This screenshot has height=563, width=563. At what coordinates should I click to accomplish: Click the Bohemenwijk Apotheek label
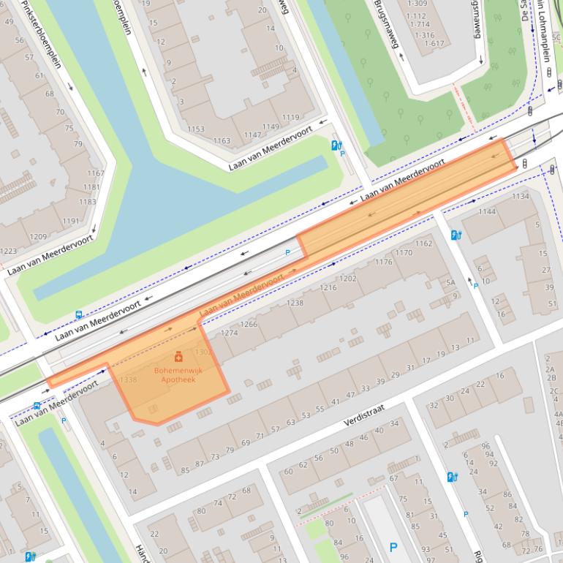click(178, 376)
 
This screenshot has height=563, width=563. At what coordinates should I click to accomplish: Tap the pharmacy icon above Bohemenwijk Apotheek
click(178, 358)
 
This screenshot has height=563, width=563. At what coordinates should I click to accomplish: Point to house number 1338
click(128, 380)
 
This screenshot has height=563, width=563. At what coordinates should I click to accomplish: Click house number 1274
click(230, 333)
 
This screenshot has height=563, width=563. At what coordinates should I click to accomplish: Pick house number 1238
click(295, 303)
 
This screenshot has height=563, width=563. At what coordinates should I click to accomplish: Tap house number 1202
click(347, 279)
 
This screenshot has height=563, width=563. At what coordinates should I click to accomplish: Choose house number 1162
click(423, 243)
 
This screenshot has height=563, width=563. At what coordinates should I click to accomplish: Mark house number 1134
click(520, 196)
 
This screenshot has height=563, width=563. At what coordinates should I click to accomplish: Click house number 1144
click(486, 212)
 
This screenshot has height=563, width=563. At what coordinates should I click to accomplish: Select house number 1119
click(290, 117)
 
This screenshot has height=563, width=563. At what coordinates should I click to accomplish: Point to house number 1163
click(221, 140)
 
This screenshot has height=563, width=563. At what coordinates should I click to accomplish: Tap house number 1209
click(38, 237)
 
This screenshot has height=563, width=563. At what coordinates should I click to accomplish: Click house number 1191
click(71, 221)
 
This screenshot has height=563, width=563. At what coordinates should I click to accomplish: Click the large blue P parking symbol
click(393, 547)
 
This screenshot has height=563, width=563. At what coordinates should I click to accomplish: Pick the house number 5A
click(451, 281)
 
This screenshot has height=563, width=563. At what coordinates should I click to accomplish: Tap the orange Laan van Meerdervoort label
click(241, 296)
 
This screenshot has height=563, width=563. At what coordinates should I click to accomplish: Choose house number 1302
click(204, 352)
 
